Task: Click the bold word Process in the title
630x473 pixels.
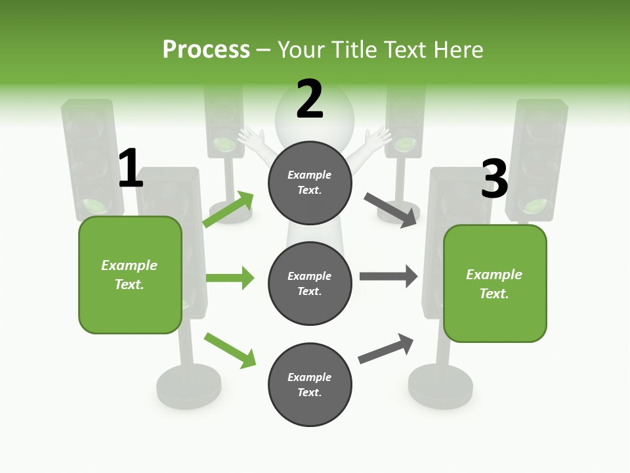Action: point(206,50)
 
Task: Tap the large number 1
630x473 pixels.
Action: point(131,168)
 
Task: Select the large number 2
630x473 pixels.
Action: point(310,99)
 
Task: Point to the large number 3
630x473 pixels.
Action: point(494,179)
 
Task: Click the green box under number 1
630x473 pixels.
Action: point(130,275)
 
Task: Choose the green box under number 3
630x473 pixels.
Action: point(495,283)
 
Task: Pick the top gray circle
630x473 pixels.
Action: point(310,183)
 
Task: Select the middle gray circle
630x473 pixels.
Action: point(310,283)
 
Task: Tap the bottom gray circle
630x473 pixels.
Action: point(310,384)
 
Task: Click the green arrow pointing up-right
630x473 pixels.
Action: point(229,209)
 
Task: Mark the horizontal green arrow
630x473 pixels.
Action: point(230,278)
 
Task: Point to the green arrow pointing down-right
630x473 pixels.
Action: point(230,350)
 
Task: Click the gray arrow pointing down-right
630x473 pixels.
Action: point(391,210)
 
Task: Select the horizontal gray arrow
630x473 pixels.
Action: point(388,277)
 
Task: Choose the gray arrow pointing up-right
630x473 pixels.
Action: point(387,348)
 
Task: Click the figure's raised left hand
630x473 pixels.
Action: point(250,138)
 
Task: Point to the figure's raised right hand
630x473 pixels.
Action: point(378,138)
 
